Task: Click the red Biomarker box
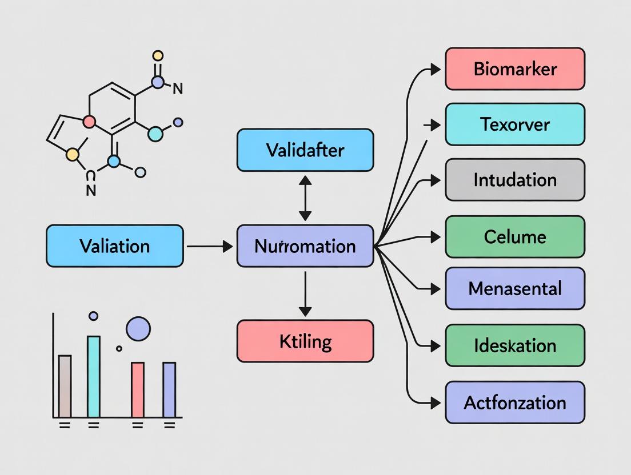tap(515, 69)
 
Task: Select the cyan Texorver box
tap(515, 124)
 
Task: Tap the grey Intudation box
tap(515, 180)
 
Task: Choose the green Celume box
tap(515, 236)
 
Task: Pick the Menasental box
tap(515, 288)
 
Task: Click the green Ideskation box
tap(515, 345)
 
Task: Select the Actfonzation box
tap(515, 402)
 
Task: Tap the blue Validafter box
tap(305, 150)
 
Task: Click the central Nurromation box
tap(305, 246)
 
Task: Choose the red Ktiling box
tap(305, 341)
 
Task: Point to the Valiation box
tap(115, 246)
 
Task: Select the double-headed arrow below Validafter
tap(305, 198)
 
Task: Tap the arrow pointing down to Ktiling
tap(305, 293)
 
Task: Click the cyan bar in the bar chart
tap(94, 376)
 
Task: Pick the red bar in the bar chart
tap(138, 389)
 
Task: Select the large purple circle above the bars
tap(138, 329)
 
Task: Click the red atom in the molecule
tap(89, 122)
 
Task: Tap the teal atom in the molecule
tap(155, 134)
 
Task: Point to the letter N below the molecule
tap(91, 191)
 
